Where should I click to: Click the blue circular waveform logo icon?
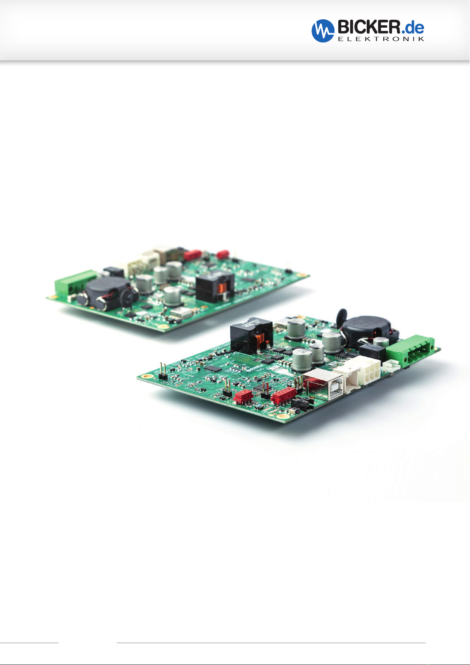(323, 31)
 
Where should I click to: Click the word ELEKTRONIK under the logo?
(381, 39)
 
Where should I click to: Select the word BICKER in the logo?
(369, 27)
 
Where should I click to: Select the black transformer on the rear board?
(215, 286)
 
